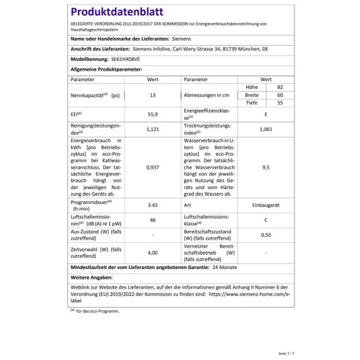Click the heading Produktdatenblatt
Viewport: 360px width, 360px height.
(111, 12)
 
